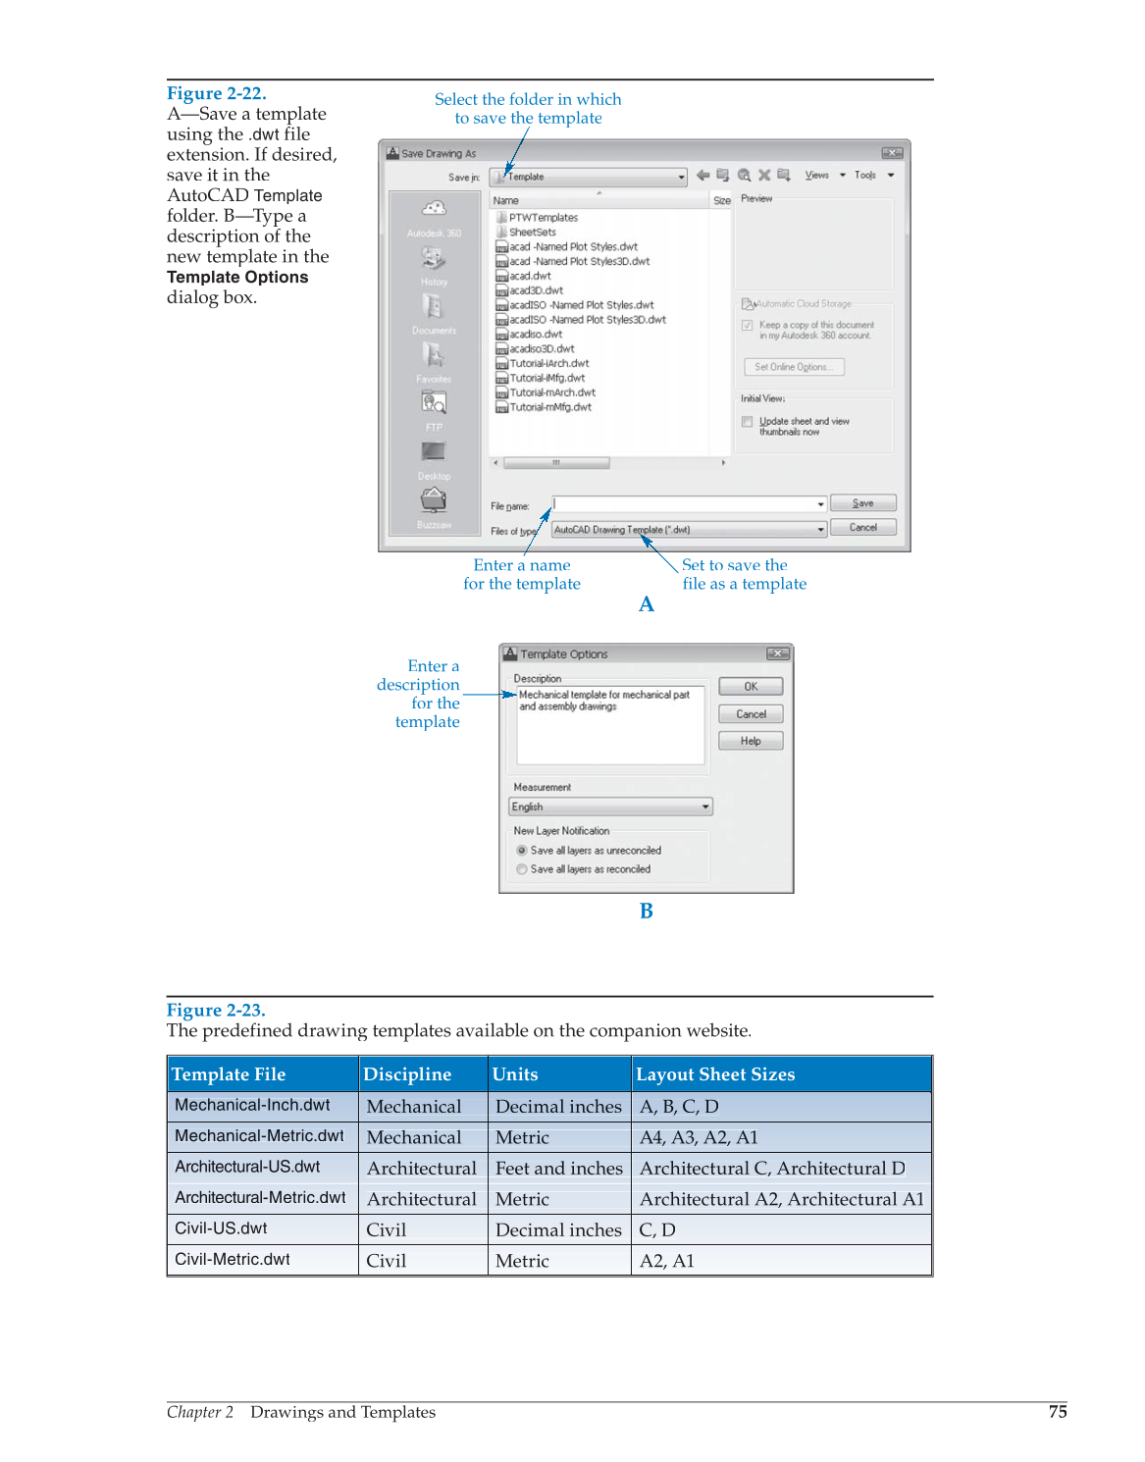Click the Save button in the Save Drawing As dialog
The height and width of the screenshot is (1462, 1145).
coord(862,503)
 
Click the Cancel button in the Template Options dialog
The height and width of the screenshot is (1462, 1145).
coord(751,714)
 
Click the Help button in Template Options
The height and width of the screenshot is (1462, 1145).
coord(751,741)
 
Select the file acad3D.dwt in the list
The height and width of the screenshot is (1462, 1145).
coord(536,290)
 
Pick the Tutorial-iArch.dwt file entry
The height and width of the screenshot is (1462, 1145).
coord(548,363)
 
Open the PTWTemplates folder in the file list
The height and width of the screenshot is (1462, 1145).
coord(543,218)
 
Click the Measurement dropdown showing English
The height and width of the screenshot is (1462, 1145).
coord(610,807)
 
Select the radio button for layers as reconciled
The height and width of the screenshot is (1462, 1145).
coord(522,869)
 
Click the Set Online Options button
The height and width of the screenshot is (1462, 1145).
coord(793,367)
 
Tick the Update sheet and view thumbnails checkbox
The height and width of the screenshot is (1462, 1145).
coord(748,422)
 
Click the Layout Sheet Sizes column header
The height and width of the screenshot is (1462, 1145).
coord(715,1074)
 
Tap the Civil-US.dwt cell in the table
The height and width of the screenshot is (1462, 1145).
coord(222,1228)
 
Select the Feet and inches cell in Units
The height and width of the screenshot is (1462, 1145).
coord(558,1168)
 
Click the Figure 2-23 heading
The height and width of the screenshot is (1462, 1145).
coord(216,1011)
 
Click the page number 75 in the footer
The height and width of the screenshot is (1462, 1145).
coord(1057,1411)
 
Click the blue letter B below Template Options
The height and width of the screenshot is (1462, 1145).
coord(646,911)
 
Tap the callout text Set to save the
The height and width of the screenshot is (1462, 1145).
coord(734,565)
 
